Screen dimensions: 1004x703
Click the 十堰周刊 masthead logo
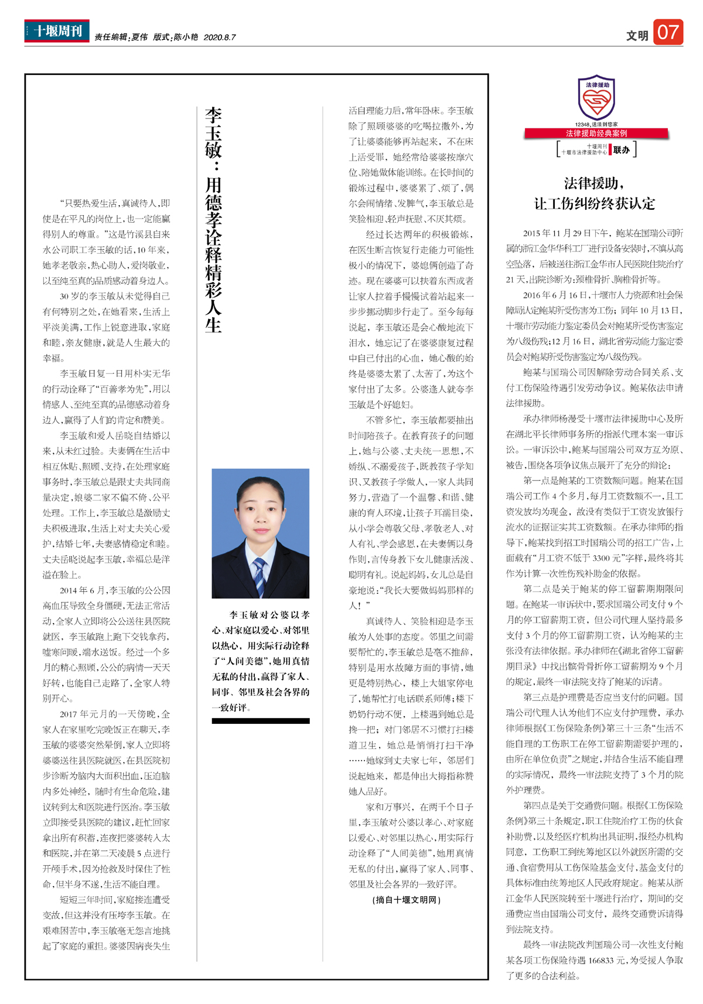coord(57,31)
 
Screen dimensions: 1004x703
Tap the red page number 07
coord(668,32)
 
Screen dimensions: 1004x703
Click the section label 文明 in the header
coord(637,36)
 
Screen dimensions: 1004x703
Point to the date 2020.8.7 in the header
coord(220,37)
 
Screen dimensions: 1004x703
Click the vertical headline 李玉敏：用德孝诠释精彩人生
coord(213,219)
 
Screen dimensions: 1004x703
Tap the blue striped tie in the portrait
coord(259,577)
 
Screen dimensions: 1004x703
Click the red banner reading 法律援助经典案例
coord(596,133)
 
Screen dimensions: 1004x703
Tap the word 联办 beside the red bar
coord(621,149)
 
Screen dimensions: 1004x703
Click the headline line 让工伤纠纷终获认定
coord(595,203)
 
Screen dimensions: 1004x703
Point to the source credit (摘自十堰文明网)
coord(407,900)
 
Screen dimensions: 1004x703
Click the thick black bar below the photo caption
coord(260,721)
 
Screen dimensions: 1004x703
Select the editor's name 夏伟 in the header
coord(139,37)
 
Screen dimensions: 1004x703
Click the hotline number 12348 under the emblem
coord(583,124)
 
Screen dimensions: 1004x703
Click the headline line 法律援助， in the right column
coord(595,183)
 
